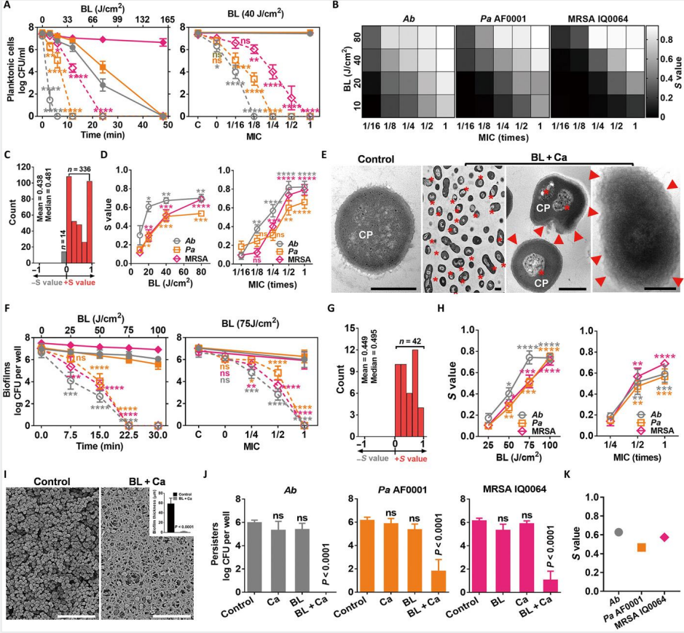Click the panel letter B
355,7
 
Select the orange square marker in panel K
642,546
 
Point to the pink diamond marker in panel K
664,537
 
